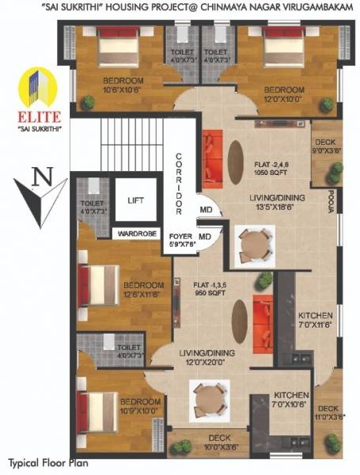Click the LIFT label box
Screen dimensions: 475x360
pyautogui.click(x=136, y=201)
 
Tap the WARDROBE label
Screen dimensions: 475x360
pyautogui.click(x=136, y=234)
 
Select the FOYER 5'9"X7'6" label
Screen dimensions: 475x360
pyautogui.click(x=179, y=241)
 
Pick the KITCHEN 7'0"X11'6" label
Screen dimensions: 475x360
pyautogui.click(x=316, y=320)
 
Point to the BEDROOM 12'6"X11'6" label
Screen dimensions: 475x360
pyautogui.click(x=143, y=289)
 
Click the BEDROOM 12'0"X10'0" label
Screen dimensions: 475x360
pyautogui.click(x=284, y=94)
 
